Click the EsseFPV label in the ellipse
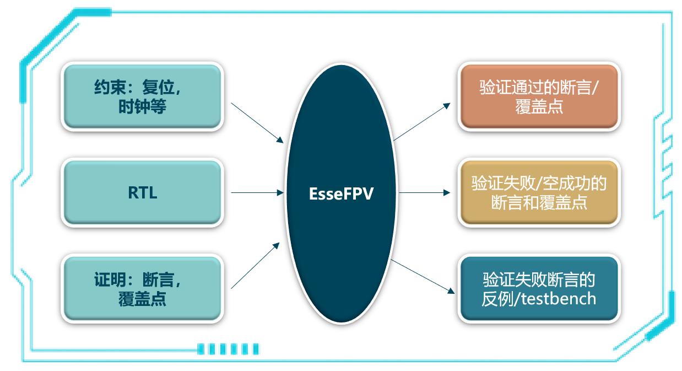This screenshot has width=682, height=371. (x=342, y=194)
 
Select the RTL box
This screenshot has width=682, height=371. (x=142, y=193)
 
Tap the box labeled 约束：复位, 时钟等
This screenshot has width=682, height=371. (x=142, y=97)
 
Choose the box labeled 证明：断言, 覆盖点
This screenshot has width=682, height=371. (x=142, y=289)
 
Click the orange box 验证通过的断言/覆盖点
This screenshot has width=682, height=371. (x=539, y=97)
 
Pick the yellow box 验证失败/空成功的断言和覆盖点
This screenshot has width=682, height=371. (x=539, y=193)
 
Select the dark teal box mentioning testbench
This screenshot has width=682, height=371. (x=539, y=289)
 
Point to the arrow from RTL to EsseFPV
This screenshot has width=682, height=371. (x=257, y=193)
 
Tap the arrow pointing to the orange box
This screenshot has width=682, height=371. (x=422, y=122)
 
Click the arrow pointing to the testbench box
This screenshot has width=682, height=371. (x=422, y=275)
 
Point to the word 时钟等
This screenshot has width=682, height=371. (x=142, y=107)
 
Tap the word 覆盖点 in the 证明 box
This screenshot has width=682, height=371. (x=142, y=299)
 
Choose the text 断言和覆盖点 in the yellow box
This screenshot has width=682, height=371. (x=539, y=203)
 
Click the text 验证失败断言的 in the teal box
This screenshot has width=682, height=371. (x=539, y=279)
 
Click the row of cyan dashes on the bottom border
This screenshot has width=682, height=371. (x=228, y=348)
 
